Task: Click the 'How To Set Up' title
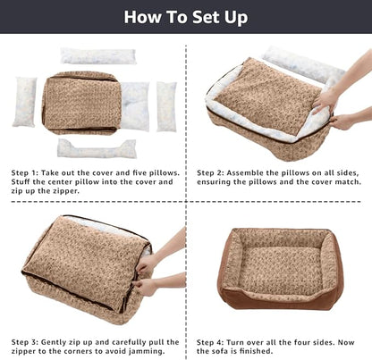coord(186,17)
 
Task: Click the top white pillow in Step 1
coord(98,56)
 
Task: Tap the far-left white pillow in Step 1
coord(25,101)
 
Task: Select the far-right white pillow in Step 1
coord(167,106)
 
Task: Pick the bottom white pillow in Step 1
coord(97,148)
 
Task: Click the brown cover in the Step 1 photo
coord(80,102)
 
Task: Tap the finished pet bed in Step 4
coord(279,268)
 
